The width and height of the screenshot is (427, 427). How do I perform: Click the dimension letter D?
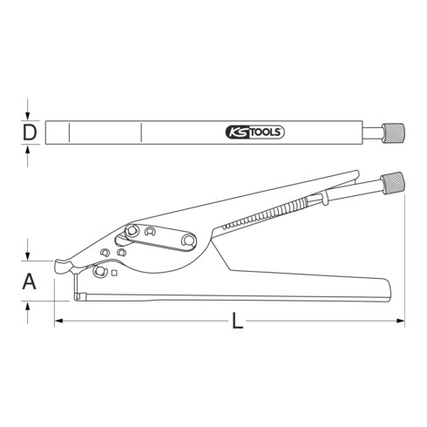(x=30, y=132)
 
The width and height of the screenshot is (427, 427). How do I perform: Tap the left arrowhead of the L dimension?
(x=60, y=322)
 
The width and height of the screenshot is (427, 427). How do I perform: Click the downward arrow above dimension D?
(x=30, y=114)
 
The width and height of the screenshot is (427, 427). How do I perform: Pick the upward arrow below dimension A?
(x=30, y=306)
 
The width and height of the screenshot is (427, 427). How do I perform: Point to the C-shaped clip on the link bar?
(x=151, y=232)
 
